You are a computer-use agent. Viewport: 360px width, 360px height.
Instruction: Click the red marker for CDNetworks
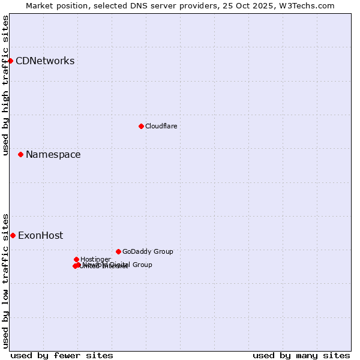(x=10, y=61)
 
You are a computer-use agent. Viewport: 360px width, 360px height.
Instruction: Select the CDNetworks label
(x=45, y=61)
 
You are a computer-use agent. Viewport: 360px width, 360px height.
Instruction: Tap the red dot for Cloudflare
(x=141, y=126)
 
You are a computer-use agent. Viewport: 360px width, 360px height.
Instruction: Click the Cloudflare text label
(x=161, y=126)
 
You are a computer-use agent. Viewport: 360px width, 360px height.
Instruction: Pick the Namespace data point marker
(x=20, y=154)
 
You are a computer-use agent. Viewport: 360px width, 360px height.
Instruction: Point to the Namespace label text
(x=53, y=154)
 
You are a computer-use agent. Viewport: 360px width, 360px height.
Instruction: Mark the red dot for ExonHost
(x=13, y=235)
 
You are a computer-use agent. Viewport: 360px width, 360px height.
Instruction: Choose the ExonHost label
(x=40, y=235)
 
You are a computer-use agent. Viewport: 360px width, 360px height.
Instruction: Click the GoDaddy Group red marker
(x=118, y=251)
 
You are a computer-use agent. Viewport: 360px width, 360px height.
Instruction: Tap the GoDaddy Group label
(x=148, y=251)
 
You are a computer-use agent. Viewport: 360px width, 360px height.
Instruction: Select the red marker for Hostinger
(x=76, y=259)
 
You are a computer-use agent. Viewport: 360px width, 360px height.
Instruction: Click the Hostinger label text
(x=95, y=259)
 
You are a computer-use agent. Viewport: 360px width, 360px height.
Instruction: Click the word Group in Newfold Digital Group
(x=142, y=265)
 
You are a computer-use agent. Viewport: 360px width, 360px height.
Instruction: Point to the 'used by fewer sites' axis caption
(x=62, y=355)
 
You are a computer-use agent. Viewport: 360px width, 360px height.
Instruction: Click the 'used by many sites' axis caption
(x=301, y=355)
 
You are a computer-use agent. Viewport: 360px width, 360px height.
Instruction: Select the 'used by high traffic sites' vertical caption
(x=5, y=85)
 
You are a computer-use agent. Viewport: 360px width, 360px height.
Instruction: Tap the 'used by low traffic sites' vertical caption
(x=5, y=280)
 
